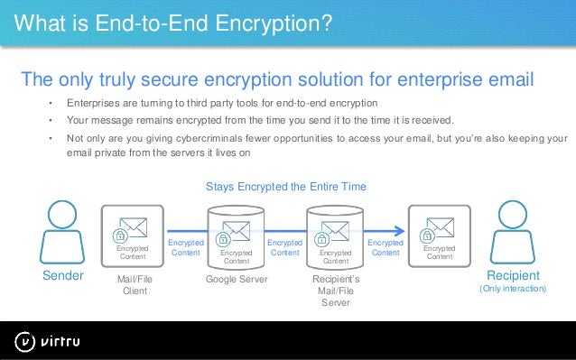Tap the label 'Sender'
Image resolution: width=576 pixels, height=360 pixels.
(x=63, y=275)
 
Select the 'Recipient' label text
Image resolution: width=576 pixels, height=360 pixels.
(x=513, y=275)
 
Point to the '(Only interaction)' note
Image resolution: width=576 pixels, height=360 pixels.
(x=513, y=289)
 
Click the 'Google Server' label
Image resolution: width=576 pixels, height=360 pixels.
(x=237, y=281)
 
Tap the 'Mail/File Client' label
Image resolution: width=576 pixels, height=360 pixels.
(x=135, y=286)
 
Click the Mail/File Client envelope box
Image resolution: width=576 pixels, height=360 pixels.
(x=132, y=233)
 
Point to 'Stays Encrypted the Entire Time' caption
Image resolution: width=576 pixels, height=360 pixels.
(x=286, y=187)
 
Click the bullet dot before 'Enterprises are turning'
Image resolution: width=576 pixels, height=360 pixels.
(x=51, y=103)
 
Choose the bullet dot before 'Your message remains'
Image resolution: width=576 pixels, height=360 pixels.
(x=51, y=121)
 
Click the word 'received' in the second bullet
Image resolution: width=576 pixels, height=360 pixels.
(x=432, y=121)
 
